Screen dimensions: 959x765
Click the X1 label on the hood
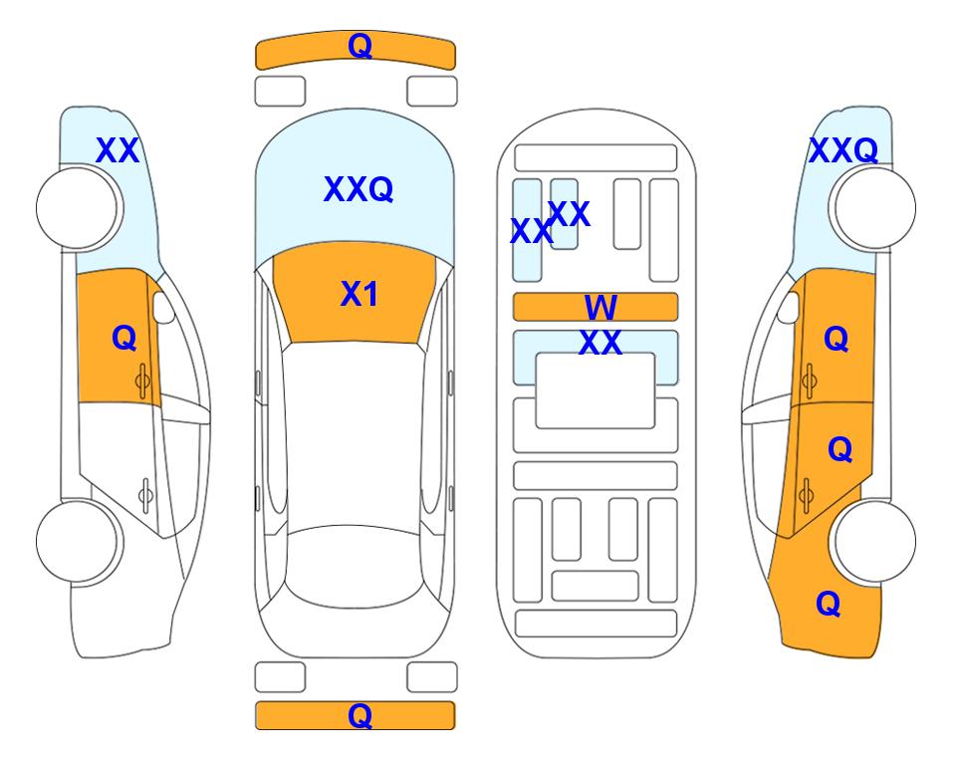(360, 295)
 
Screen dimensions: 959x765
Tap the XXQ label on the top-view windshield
(359, 189)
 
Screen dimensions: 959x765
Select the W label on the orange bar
(600, 307)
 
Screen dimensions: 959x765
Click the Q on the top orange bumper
(360, 46)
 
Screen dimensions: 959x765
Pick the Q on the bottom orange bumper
(360, 715)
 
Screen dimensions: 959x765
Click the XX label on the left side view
(118, 150)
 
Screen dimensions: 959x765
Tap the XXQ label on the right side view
(843, 150)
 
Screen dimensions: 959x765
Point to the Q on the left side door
(124, 338)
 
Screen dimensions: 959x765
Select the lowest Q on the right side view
(829, 604)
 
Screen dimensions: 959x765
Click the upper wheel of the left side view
(77, 208)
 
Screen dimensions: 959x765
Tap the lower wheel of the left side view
(77, 542)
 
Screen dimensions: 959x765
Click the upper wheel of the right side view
(875, 208)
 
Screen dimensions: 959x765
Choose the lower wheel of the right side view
(875, 542)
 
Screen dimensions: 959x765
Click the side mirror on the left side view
(163, 307)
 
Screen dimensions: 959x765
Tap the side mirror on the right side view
(789, 307)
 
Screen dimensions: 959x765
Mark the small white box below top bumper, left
(280, 92)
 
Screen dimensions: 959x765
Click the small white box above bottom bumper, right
(432, 677)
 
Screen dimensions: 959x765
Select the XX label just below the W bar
(600, 342)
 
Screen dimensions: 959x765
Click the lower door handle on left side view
(145, 494)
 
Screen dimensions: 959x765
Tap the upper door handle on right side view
(809, 381)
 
